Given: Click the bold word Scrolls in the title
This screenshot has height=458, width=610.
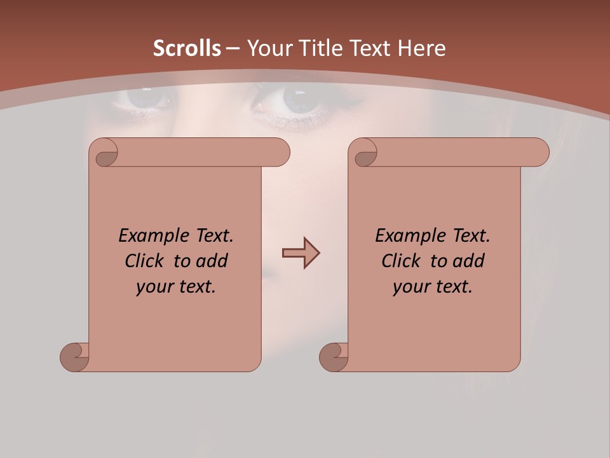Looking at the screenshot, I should point(187,48).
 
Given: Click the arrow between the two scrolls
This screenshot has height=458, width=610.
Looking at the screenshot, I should point(301,253).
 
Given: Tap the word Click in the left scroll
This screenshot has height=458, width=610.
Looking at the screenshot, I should point(145,261).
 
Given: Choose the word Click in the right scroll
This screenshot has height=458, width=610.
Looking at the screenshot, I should point(402,261).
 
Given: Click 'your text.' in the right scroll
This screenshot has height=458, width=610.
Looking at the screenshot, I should point(433,286).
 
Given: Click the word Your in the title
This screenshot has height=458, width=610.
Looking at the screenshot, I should point(267,48).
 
